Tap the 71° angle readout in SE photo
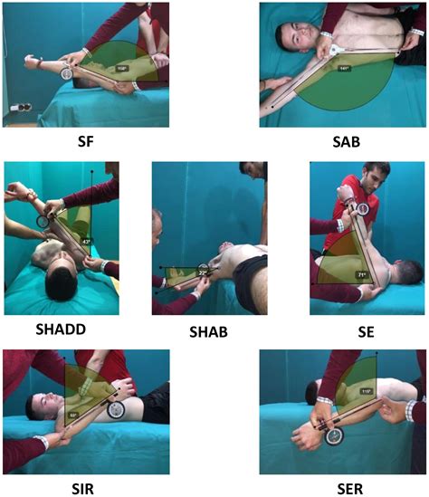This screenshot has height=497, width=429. click(x=361, y=273)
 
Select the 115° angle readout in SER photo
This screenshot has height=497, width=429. click(x=367, y=392)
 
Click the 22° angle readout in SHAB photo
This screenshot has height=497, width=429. click(x=204, y=272)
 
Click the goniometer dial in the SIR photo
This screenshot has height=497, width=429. click(x=117, y=409)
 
